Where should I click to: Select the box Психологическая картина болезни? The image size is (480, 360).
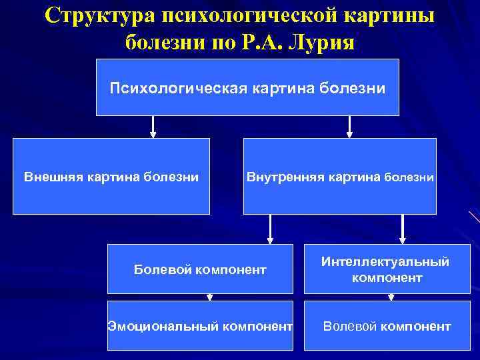coord(248,87)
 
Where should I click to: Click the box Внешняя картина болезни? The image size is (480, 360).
coord(111,176)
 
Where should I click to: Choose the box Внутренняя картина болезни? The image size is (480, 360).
coord(340,176)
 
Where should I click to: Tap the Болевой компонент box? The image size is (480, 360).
coord(200,269)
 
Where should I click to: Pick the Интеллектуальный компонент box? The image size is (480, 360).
coord(387,269)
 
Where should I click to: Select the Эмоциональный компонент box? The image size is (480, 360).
coord(200,326)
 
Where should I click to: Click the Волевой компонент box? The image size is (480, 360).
coord(387,326)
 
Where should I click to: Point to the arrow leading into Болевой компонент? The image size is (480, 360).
coord(269,229)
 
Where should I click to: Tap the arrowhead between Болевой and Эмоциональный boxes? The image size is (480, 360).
coord(209,297)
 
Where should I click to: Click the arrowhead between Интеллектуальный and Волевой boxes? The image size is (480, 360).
coord(391,297)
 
